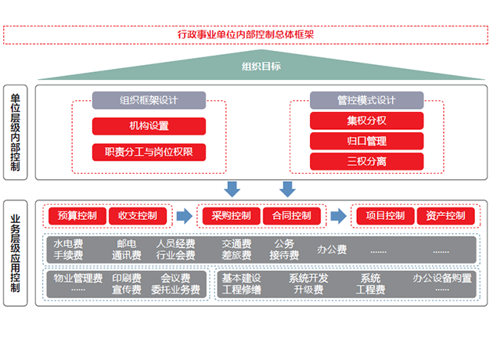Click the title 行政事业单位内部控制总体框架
(246, 34)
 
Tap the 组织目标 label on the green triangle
(261, 67)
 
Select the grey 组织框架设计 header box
(149, 100)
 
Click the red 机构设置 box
(149, 126)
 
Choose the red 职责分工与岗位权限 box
(149, 151)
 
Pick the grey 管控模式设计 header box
(366, 100)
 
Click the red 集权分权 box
(366, 121)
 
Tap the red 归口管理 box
(366, 141)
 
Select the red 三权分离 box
(366, 161)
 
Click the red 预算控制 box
(77, 216)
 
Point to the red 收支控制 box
(138, 216)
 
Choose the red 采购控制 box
(231, 216)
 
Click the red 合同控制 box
(291, 216)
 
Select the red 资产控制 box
(445, 216)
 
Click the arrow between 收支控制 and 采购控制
(184, 216)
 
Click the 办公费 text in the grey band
(332, 250)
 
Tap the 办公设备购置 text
(443, 278)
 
